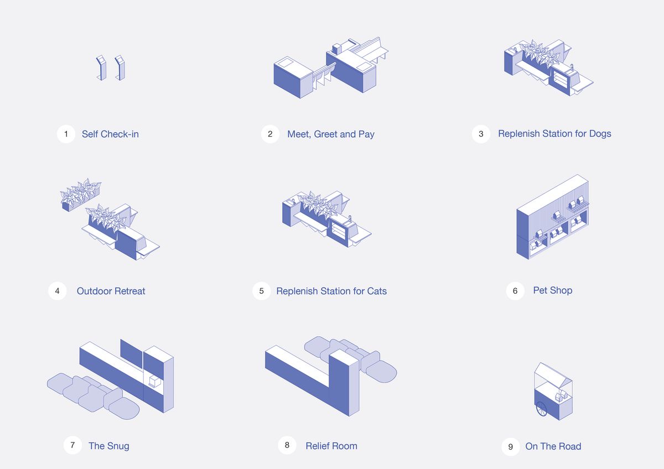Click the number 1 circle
click(x=66, y=134)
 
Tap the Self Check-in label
click(x=110, y=134)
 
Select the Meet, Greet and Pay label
click(x=331, y=134)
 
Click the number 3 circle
click(x=481, y=134)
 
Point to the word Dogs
click(x=600, y=134)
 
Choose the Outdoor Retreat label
click(x=111, y=291)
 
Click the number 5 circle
click(x=261, y=291)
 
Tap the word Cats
click(x=377, y=291)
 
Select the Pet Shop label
click(x=553, y=291)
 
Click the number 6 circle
click(x=515, y=291)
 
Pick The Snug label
click(x=109, y=446)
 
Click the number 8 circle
click(x=287, y=445)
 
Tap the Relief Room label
click(x=331, y=446)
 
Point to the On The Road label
click(x=553, y=446)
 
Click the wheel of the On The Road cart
click(x=542, y=409)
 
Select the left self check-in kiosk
click(x=101, y=68)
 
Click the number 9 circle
click(x=510, y=447)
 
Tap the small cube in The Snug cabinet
click(x=155, y=382)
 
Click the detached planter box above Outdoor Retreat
click(x=81, y=195)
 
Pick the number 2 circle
click(x=270, y=134)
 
